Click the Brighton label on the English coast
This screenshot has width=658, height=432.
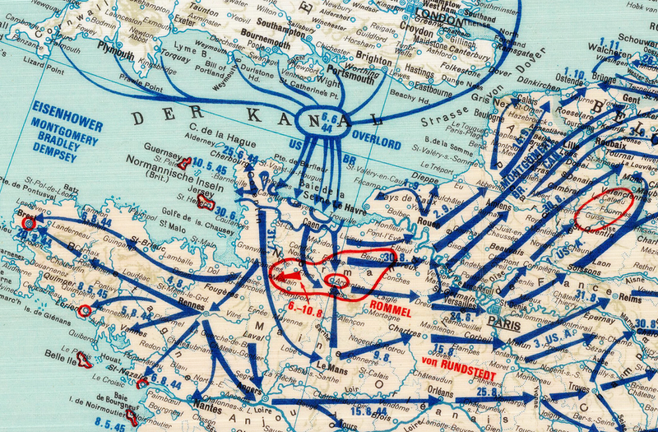click(x=374, y=61)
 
